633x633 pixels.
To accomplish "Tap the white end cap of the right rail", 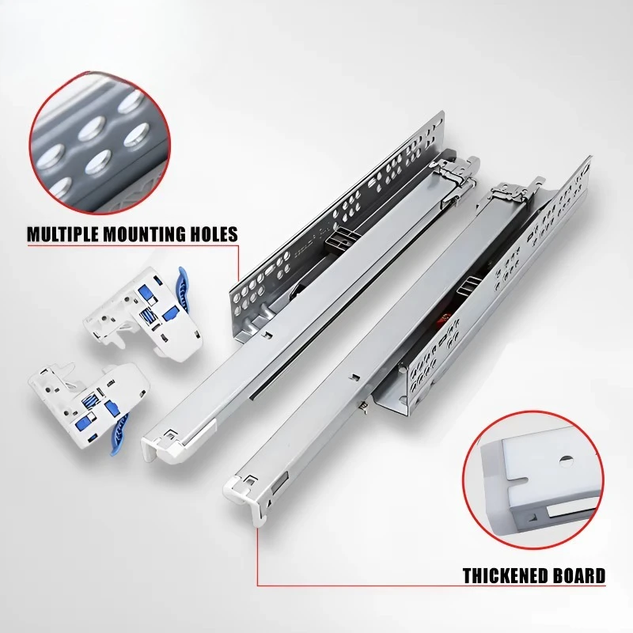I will pos(244,495).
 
